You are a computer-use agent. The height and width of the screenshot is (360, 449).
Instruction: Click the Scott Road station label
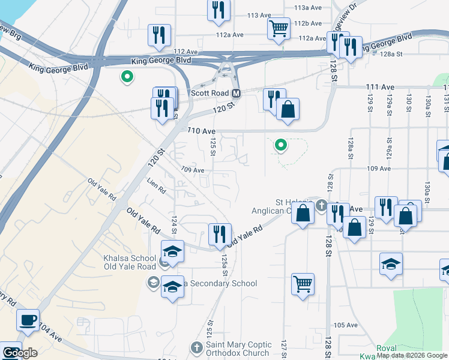click(209, 94)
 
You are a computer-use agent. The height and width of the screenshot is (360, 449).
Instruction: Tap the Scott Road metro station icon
click(237, 94)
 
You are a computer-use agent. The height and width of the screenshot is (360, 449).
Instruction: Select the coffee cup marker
click(28, 319)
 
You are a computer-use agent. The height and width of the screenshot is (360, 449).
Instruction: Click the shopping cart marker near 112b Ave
click(279, 28)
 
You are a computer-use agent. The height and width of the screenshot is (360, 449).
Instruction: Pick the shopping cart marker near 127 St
click(303, 284)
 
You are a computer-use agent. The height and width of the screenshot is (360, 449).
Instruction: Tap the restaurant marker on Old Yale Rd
click(220, 233)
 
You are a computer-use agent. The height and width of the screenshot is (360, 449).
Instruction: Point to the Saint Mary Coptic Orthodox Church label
click(238, 349)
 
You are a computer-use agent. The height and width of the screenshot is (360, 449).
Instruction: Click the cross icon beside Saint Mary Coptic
click(196, 347)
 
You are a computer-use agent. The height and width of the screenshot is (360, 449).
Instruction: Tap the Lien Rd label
click(156, 185)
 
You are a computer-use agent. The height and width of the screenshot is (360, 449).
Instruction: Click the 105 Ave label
click(345, 325)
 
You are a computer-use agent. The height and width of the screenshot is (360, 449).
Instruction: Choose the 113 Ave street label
click(259, 15)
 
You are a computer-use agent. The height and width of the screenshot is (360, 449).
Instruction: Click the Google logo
click(19, 353)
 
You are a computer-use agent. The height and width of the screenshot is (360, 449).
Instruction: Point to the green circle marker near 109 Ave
click(280, 145)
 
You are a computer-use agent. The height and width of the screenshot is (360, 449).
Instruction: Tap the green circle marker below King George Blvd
click(127, 76)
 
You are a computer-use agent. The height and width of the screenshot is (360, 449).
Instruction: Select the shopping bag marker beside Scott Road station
click(288, 110)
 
